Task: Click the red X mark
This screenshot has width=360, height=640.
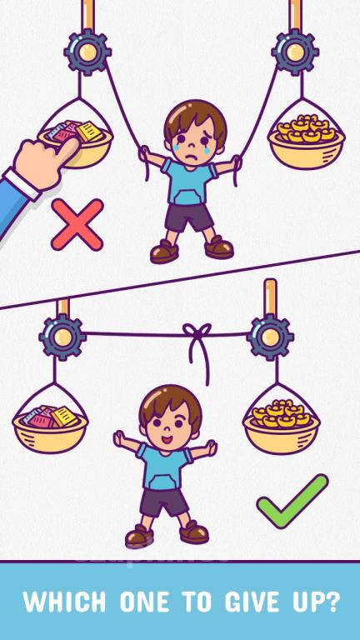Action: [x=77, y=224]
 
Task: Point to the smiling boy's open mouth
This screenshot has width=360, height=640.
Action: [x=167, y=440]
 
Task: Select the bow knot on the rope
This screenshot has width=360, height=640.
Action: [x=198, y=342]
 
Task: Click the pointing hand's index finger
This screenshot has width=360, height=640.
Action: [x=67, y=147]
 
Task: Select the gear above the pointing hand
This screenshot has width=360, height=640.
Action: [x=87, y=52]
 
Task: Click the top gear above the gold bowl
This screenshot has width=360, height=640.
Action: [x=295, y=52]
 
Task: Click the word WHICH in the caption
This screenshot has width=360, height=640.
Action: [x=64, y=602]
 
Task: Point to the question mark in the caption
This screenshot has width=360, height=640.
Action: [x=332, y=602]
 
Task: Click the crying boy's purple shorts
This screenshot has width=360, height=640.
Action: [x=189, y=217]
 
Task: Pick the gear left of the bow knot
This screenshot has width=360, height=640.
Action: [x=62, y=337]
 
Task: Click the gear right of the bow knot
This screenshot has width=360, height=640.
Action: [x=270, y=337]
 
